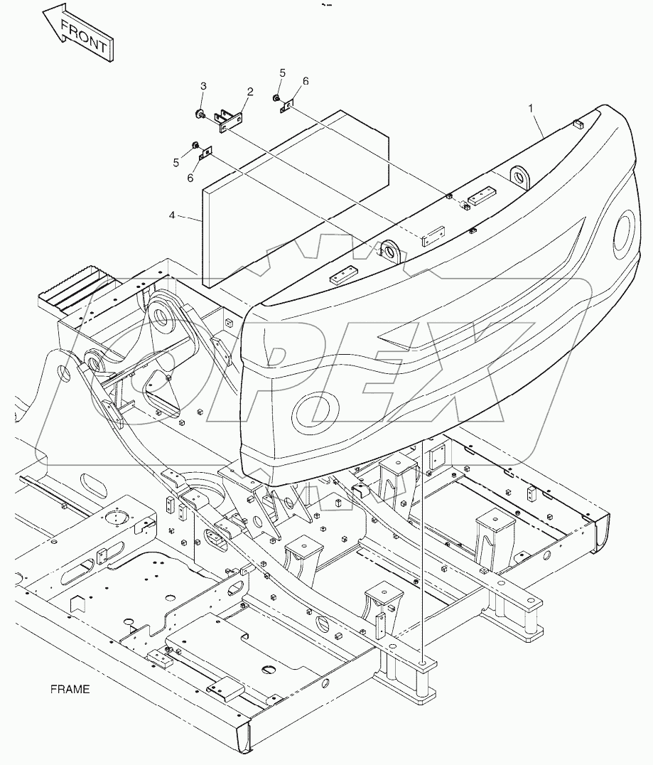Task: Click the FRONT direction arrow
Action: [x=78, y=36]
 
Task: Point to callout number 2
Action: [x=250, y=91]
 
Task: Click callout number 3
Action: [x=203, y=86]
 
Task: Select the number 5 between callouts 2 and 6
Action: [x=282, y=73]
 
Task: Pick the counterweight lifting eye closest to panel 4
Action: [x=389, y=251]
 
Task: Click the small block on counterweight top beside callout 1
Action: [x=578, y=124]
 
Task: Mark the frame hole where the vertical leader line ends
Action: [x=424, y=663]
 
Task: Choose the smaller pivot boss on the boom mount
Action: [x=95, y=362]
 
